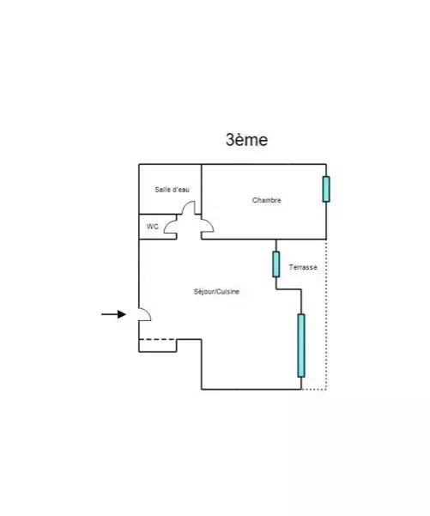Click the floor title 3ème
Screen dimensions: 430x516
coord(246,140)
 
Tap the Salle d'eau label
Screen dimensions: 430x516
coord(172,190)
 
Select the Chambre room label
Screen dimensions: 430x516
coord(266,200)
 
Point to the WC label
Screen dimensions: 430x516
coord(152,227)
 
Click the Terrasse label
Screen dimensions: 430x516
coord(303,267)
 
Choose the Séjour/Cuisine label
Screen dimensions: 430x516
coord(216,292)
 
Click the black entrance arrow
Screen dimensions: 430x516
coord(113,314)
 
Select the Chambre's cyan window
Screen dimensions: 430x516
coord(326,189)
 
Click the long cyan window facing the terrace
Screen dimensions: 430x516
coord(301,345)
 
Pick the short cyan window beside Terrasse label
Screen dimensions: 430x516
coord(276,264)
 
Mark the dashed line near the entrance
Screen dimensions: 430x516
coord(157,339)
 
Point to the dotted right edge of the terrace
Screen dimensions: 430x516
coord(326,314)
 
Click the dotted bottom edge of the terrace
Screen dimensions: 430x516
coord(314,390)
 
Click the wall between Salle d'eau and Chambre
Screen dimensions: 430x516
coord(202,189)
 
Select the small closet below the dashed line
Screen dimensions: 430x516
coord(158,345)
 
